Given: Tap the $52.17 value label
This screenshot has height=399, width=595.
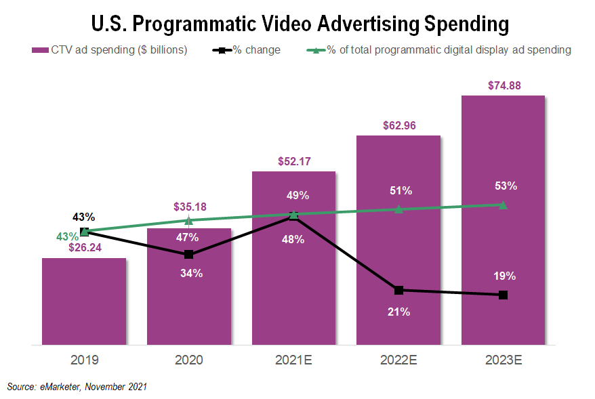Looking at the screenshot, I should [x=293, y=161].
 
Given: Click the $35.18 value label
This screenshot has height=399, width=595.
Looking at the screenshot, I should [x=189, y=207].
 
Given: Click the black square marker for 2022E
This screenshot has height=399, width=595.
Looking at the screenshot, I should [x=398, y=291].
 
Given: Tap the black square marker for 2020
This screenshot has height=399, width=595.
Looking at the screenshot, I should [x=189, y=255].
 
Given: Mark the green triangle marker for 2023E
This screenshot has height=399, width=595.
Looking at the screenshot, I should [x=503, y=205].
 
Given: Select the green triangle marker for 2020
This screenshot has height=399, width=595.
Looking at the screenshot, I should [x=189, y=220].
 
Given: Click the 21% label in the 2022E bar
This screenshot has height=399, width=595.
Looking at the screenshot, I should [x=398, y=312].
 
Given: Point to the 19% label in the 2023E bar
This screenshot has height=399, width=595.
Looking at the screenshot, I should [x=505, y=276].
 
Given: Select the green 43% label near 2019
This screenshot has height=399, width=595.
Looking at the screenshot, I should [x=67, y=237].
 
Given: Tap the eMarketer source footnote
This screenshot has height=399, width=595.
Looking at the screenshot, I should [x=77, y=387].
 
